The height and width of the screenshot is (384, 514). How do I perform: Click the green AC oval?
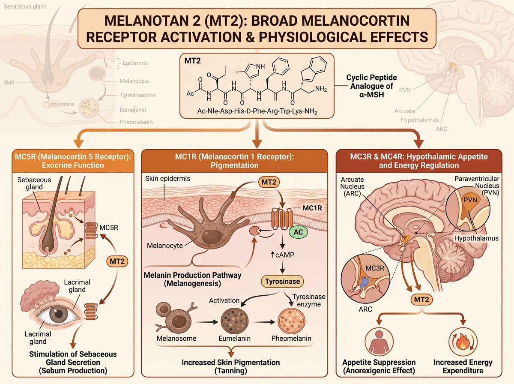[302, 232]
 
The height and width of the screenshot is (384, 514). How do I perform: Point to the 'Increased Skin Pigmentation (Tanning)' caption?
[231, 366]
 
